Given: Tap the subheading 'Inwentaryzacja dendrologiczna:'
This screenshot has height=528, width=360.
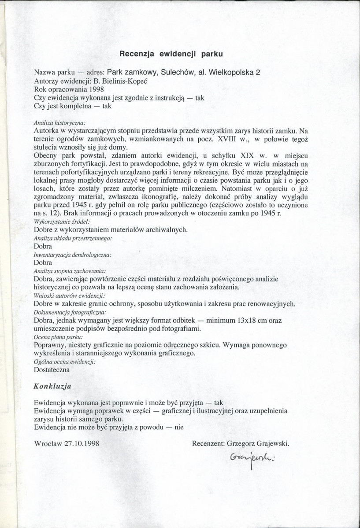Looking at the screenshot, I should (72, 255).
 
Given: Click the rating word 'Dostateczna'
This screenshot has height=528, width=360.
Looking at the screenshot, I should (52, 369).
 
